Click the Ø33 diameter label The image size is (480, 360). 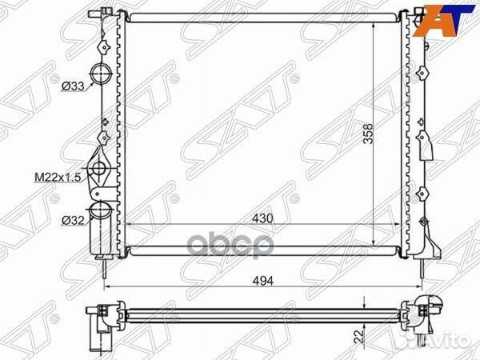coord(73,86)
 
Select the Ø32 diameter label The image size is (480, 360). coord(73,220)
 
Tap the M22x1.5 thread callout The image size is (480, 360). coord(58,177)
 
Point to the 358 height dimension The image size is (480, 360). coord(368,134)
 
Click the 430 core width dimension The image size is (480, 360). coord(262,218)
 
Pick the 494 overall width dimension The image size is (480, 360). coord(263,281)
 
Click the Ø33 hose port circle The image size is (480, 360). coord(101,74)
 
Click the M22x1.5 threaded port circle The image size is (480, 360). coord(98,168)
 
